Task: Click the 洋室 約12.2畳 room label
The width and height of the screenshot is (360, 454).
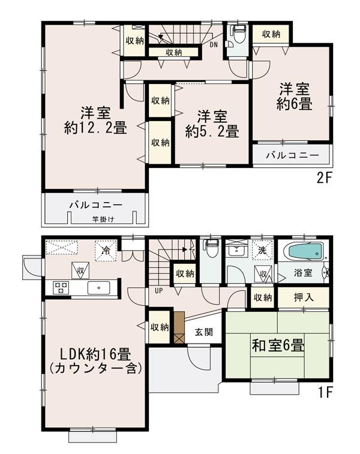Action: pyautogui.click(x=95, y=119)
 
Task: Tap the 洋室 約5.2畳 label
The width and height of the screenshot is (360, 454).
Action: pyautogui.click(x=212, y=124)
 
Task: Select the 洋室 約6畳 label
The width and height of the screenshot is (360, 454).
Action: pyautogui.click(x=293, y=97)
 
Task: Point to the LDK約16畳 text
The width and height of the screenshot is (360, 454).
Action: pyautogui.click(x=97, y=354)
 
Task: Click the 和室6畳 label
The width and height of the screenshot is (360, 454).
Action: pyautogui.click(x=277, y=346)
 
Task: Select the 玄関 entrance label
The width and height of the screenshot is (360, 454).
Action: pyautogui.click(x=203, y=332)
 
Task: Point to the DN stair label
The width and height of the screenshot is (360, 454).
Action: pyautogui.click(x=214, y=44)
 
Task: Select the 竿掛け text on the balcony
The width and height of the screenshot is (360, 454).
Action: pyautogui.click(x=103, y=220)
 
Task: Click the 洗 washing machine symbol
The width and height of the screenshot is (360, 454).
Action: pyautogui.click(x=262, y=249)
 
